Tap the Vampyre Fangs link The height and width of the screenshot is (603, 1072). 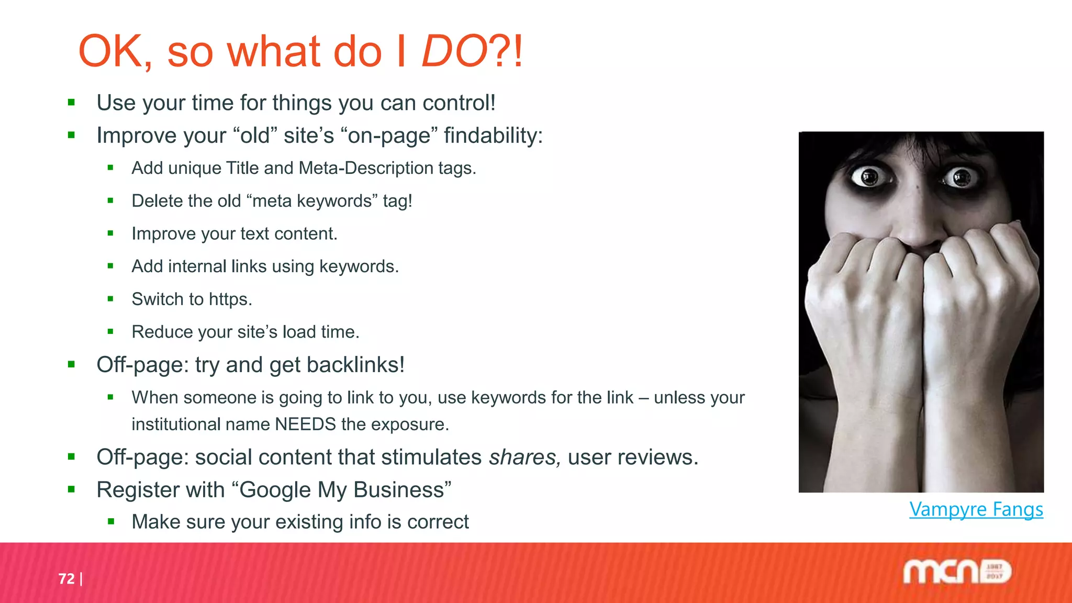(976, 509)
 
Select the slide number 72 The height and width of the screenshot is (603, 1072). (66, 578)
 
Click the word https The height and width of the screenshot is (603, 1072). (230, 299)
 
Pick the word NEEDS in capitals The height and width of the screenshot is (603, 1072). (305, 424)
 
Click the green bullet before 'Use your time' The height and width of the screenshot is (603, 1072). (72, 103)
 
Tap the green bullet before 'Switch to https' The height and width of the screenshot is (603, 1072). (110, 299)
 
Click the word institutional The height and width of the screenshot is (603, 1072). (176, 424)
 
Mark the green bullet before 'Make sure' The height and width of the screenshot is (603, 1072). (110, 521)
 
